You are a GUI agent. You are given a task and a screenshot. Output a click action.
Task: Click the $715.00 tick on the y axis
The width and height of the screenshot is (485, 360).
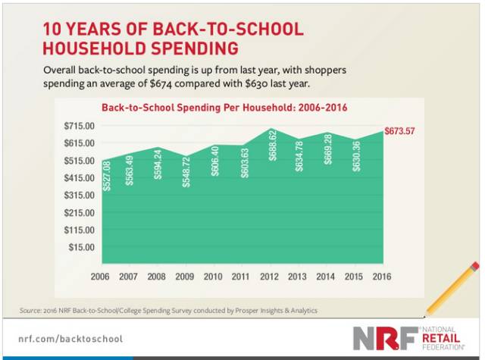click(x=77, y=126)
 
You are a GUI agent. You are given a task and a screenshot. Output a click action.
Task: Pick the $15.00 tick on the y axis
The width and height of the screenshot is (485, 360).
click(x=80, y=247)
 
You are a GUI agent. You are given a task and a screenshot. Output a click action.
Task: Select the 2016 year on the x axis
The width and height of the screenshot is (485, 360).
click(x=382, y=277)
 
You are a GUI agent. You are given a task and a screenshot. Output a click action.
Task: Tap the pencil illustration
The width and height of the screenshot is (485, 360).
click(x=452, y=289)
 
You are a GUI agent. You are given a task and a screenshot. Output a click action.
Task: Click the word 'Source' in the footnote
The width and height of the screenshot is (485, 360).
click(x=32, y=311)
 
